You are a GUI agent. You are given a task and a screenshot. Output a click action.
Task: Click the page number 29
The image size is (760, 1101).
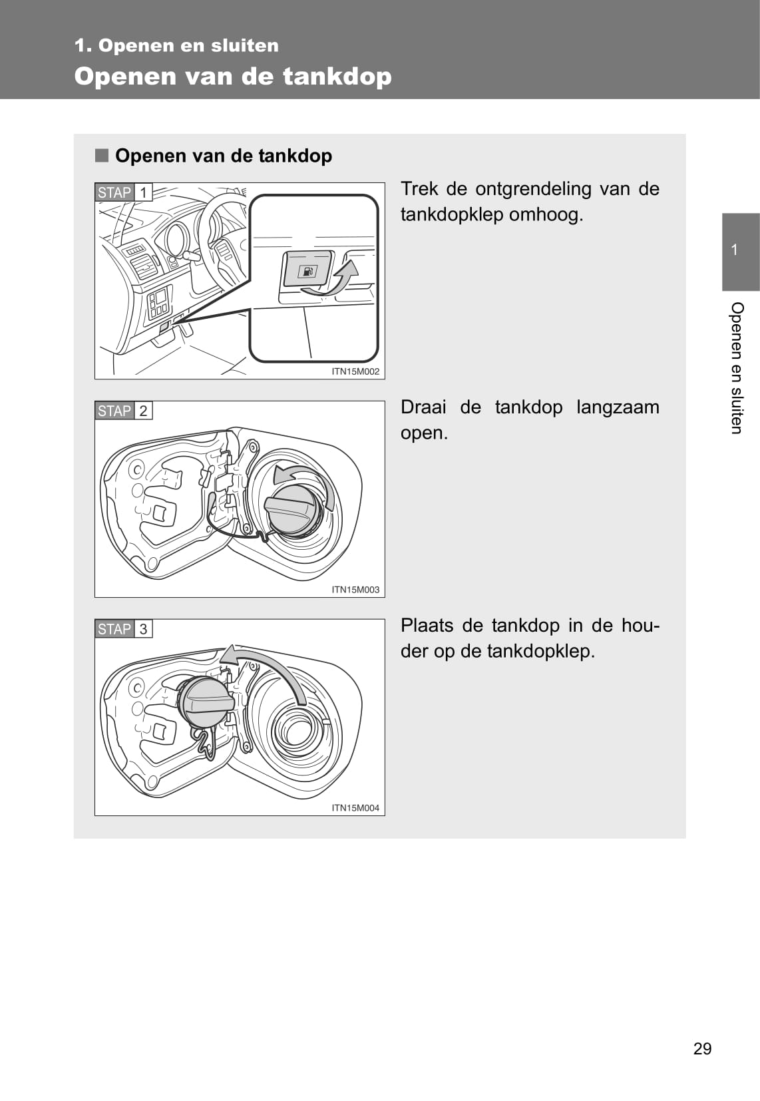pyautogui.click(x=702, y=1049)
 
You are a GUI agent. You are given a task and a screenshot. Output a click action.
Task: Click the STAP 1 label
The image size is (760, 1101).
pyautogui.click(x=123, y=192)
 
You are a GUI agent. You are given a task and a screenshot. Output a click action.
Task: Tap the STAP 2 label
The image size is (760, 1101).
pyautogui.click(x=123, y=411)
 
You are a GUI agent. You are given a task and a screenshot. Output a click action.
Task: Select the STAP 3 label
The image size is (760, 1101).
pyautogui.click(x=123, y=628)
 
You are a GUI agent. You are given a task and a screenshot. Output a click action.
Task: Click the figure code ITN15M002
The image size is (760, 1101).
pyautogui.click(x=355, y=371)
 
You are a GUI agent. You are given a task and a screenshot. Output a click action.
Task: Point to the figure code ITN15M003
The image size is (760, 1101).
pyautogui.click(x=355, y=590)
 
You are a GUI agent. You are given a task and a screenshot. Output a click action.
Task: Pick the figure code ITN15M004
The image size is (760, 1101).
pyautogui.click(x=355, y=807)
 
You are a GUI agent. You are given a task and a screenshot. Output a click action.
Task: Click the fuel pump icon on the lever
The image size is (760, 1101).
pyautogui.click(x=307, y=272)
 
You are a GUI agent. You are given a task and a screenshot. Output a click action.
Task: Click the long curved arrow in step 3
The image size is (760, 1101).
pyautogui.click(x=270, y=661)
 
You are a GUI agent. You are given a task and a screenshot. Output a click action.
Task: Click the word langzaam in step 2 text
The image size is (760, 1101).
pyautogui.click(x=618, y=408)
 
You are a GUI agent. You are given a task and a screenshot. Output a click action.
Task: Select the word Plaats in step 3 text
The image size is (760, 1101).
pyautogui.click(x=427, y=626)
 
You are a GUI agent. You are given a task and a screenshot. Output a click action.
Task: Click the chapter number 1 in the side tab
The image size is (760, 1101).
pyautogui.click(x=735, y=250)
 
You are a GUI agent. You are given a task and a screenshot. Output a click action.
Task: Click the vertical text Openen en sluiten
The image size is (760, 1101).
pyautogui.click(x=737, y=368)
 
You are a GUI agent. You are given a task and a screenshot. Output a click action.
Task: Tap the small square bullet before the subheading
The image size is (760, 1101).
pyautogui.click(x=102, y=155)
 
